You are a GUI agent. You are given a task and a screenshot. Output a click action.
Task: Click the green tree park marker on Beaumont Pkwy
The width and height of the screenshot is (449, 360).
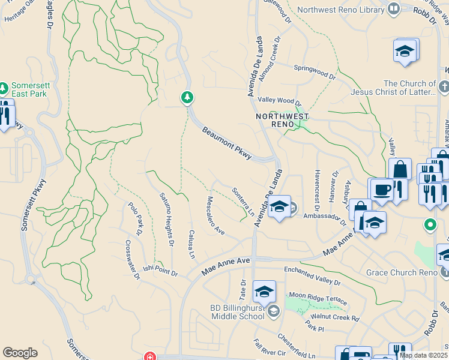187,97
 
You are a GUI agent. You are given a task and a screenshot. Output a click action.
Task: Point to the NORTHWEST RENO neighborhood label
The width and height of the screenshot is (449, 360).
282,120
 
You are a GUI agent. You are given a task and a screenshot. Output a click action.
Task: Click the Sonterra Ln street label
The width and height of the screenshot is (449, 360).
244,202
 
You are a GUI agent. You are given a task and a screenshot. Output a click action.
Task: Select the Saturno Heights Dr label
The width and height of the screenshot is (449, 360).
166,218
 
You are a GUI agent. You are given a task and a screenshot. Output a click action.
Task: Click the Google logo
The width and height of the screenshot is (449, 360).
20,353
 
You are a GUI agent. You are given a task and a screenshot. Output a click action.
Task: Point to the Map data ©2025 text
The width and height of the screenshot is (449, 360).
423,355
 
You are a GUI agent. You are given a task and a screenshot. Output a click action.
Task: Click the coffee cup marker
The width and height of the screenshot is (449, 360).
382,190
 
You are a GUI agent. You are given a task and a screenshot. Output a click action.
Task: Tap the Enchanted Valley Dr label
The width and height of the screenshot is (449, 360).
312,277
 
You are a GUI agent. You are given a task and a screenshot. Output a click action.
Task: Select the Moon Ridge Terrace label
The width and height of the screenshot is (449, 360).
318,296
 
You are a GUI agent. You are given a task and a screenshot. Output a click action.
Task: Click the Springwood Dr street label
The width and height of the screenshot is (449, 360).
315,71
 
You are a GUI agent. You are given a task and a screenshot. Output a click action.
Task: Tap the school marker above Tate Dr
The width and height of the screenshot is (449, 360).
264,292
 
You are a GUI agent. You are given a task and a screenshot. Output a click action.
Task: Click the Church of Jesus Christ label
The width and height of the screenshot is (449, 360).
410,88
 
